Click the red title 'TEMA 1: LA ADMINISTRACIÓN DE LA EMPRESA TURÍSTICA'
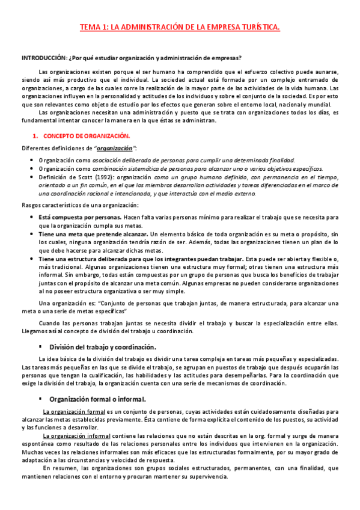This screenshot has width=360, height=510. point(180,27)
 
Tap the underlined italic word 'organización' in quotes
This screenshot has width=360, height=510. point(115,148)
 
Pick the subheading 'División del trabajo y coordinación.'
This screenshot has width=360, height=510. point(111,347)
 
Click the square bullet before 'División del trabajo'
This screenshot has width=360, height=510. point(56,347)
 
